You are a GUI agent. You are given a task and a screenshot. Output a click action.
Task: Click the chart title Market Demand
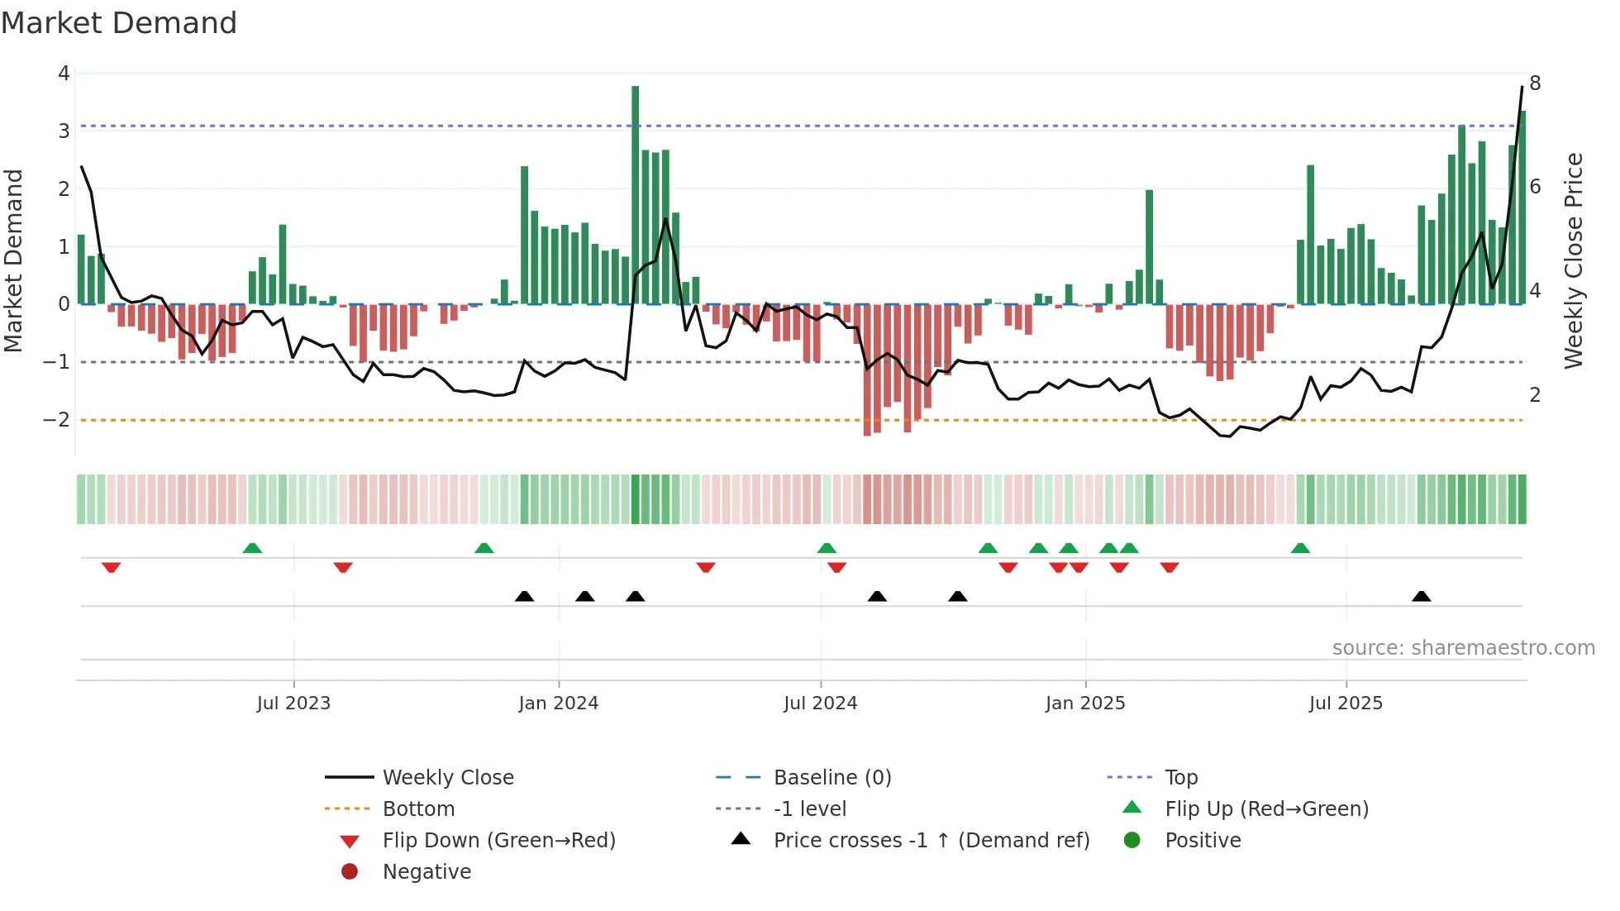pos(119,23)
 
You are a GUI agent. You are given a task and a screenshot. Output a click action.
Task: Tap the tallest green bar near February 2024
pos(635,194)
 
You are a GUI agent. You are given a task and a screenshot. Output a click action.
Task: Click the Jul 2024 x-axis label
pos(820,704)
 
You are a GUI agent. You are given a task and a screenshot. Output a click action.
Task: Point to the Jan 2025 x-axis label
pos(1084,704)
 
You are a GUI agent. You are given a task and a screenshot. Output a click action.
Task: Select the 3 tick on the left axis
pos(64,131)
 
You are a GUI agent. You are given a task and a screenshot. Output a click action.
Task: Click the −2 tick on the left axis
pos(57,420)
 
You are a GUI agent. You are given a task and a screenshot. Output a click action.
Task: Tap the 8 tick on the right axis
pos(1535,83)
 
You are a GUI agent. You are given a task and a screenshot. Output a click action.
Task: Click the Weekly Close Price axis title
pos(1574,260)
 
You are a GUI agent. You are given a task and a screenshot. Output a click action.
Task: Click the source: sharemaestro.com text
pos(1463,648)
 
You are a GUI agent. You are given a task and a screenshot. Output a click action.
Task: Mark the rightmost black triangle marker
pos(1421,596)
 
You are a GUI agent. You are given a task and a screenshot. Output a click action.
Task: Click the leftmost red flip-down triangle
pos(112,567)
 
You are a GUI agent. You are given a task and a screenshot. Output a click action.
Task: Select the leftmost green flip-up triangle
pos(252,547)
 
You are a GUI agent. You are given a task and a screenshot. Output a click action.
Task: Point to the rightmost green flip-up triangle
pos(1300,547)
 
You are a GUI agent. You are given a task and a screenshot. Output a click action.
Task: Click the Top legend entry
pos(1180,778)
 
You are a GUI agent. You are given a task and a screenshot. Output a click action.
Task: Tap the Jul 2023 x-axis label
pos(293,704)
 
